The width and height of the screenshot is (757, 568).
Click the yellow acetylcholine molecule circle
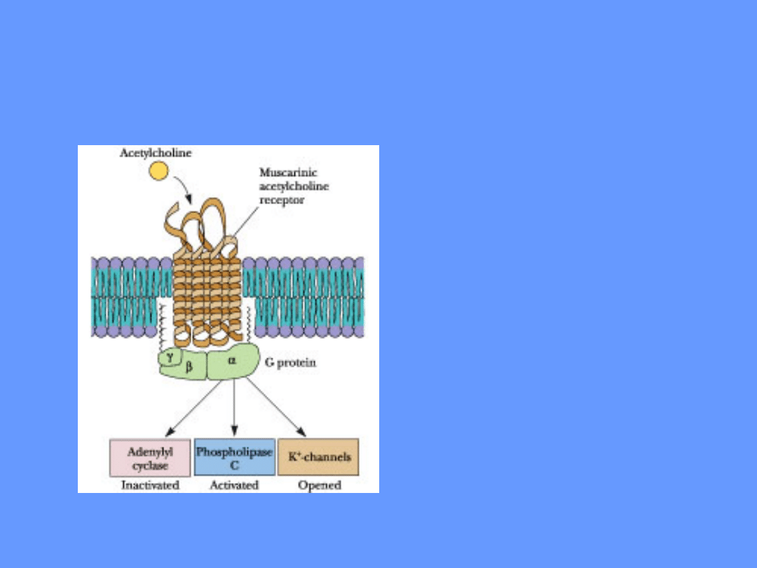159,171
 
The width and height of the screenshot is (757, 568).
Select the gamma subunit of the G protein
168,357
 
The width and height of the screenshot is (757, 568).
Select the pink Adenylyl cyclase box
150,458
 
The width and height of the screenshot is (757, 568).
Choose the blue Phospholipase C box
234,458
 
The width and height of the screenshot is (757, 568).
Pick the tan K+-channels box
319,457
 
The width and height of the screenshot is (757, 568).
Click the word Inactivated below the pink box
150,485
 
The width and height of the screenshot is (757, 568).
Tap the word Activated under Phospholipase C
234,485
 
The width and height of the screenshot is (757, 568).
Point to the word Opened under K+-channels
319,485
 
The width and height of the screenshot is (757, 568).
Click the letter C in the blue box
234,465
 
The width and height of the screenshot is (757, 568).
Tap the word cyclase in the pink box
150,466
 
